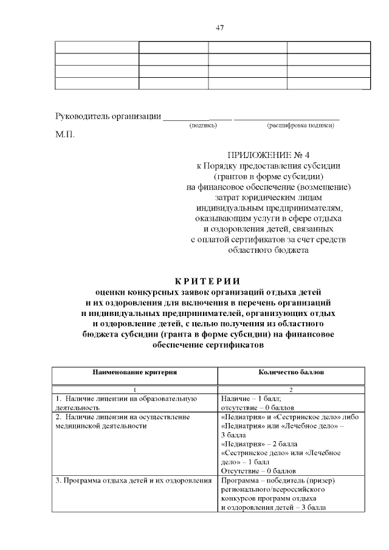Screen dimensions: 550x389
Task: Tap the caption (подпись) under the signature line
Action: [x=203, y=125]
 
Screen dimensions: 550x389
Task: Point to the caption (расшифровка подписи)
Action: [x=300, y=125]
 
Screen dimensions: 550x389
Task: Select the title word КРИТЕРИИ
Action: [x=207, y=281]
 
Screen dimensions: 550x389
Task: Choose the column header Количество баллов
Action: [x=291, y=371]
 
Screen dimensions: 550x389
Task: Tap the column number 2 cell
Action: [x=291, y=389]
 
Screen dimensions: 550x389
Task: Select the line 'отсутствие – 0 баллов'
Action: [x=257, y=408]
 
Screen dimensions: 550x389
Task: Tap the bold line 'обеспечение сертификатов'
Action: [x=207, y=345]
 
